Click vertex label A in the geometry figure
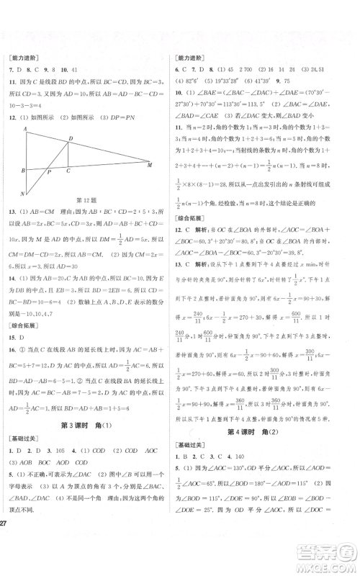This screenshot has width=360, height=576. [25, 130]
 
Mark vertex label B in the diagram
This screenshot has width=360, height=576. [22, 171]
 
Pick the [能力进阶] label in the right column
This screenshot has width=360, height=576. [192, 58]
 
